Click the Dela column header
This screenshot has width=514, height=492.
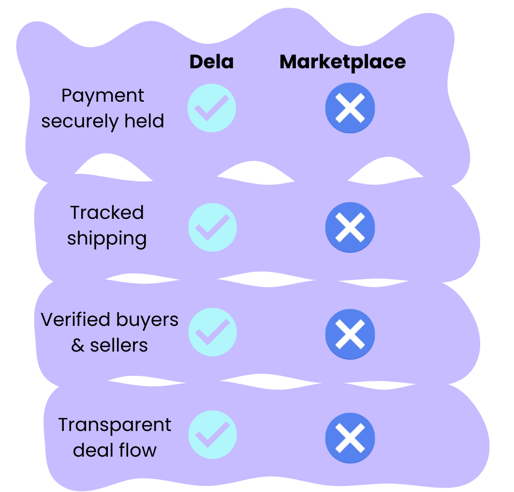click(211, 62)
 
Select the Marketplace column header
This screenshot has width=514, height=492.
click(342, 62)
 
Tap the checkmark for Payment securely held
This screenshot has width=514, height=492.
click(212, 108)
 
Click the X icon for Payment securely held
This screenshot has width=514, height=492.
click(350, 108)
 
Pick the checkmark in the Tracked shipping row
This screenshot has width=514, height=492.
click(212, 228)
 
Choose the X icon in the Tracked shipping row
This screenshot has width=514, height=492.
click(350, 228)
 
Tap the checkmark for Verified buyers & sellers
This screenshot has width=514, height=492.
click(212, 333)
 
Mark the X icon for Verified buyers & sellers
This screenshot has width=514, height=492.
click(350, 334)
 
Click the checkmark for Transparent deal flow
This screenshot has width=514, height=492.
click(212, 434)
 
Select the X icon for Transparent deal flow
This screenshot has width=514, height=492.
click(350, 438)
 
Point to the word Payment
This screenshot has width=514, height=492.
click(103, 96)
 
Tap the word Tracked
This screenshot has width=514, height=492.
click(107, 213)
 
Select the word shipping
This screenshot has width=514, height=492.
click(107, 239)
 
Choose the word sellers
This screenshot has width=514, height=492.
click(119, 345)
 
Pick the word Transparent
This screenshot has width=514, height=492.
click(115, 425)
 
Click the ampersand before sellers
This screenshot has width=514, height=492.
click(78, 346)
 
